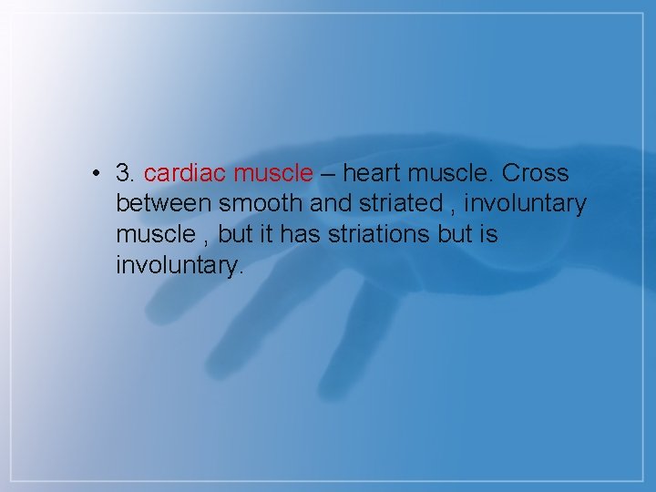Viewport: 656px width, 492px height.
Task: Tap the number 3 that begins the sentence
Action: tap(125, 173)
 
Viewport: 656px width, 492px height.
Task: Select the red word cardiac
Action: tap(185, 173)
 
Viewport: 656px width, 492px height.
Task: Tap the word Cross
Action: tap(536, 173)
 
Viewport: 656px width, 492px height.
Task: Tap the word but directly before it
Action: tap(235, 235)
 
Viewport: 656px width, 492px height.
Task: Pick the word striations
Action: tap(377, 235)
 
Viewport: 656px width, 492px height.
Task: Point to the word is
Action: tap(489, 235)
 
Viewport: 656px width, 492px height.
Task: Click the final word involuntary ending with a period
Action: tap(180, 267)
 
